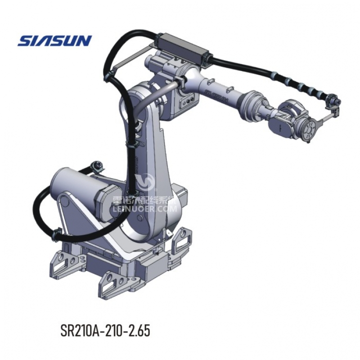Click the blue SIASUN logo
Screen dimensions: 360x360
[54, 41]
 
